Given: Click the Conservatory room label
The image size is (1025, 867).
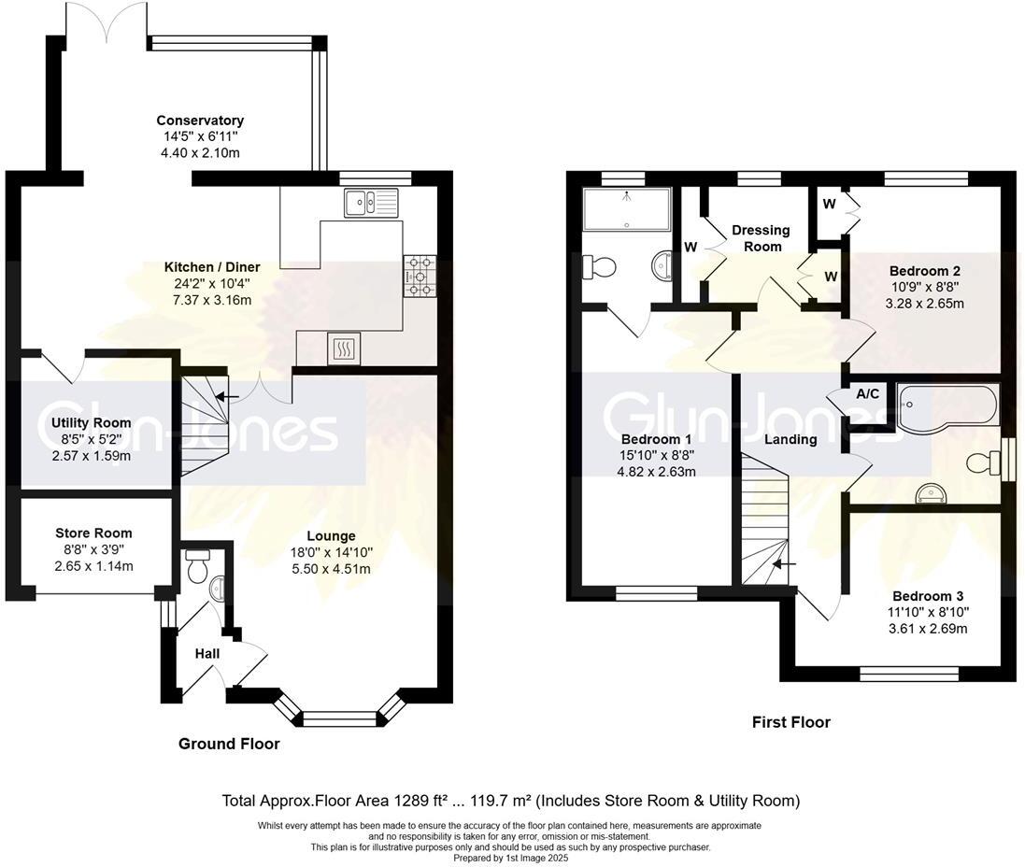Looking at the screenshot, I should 200,121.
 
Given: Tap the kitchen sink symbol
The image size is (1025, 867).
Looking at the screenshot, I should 370,202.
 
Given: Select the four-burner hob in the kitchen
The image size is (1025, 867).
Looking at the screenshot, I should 420,277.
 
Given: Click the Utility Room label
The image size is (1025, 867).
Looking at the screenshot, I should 90,423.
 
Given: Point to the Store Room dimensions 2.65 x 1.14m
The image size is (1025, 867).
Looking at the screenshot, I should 93,566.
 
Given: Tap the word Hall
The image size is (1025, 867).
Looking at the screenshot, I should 207,654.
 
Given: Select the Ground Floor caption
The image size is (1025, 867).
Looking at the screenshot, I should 229,745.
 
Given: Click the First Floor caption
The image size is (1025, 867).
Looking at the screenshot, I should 791,722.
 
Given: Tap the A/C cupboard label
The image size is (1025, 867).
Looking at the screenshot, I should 868,394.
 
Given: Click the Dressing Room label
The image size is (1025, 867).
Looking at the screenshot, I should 762,238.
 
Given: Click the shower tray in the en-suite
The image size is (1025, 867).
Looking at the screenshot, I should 626,209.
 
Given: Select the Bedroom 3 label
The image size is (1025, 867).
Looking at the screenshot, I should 927,596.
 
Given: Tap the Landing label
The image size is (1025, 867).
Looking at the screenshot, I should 790,439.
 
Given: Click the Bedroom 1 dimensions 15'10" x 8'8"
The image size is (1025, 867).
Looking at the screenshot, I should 655,456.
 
